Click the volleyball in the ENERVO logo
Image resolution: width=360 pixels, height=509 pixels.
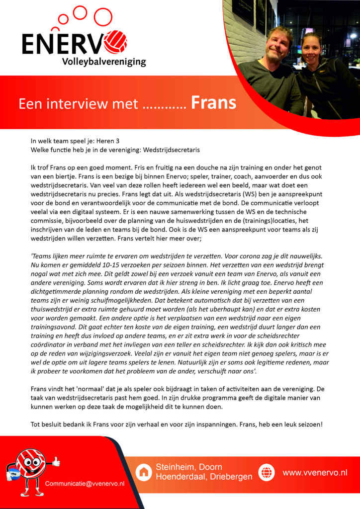tap(117, 42)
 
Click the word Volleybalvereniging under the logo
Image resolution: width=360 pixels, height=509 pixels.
tap(104, 62)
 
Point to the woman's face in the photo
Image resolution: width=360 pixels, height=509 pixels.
tap(311, 48)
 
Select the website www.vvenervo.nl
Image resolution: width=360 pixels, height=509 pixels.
tap(315, 473)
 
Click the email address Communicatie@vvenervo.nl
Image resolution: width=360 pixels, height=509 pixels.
tap(85, 484)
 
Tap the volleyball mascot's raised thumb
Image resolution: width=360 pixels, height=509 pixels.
tap(56, 462)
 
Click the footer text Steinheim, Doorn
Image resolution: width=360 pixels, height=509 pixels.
tap(189, 467)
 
